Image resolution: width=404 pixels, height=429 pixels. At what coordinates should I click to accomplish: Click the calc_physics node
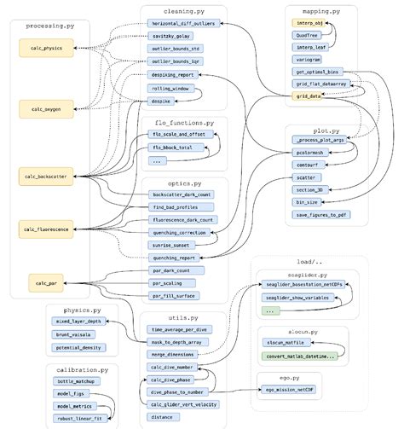pos(41,47)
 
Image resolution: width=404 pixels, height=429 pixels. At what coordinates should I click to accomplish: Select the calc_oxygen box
pos(41,108)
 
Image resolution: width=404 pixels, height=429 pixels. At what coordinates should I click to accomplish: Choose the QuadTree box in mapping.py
pos(309,35)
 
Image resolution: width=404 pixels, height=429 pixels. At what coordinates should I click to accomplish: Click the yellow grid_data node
pos(309,96)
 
